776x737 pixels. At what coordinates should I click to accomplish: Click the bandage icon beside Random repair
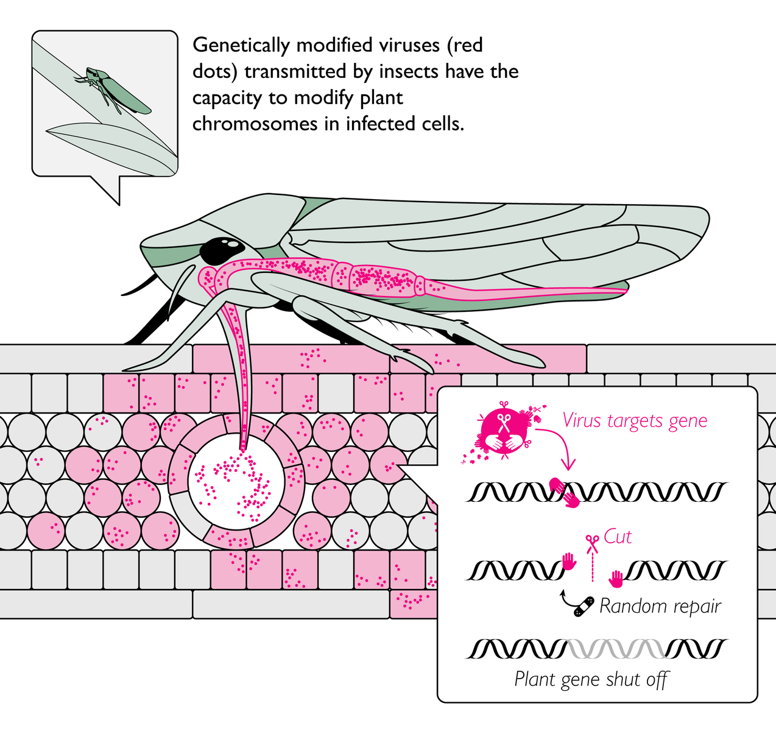point(584,606)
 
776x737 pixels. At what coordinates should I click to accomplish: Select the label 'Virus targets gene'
point(635,421)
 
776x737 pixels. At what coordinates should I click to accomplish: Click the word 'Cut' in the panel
point(618,537)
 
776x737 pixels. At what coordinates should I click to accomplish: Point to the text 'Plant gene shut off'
point(591,679)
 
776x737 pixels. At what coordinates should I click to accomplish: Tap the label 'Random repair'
point(660,606)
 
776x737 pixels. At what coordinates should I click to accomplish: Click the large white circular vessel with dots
point(237,481)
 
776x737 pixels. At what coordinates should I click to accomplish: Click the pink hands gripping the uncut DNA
point(563,492)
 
